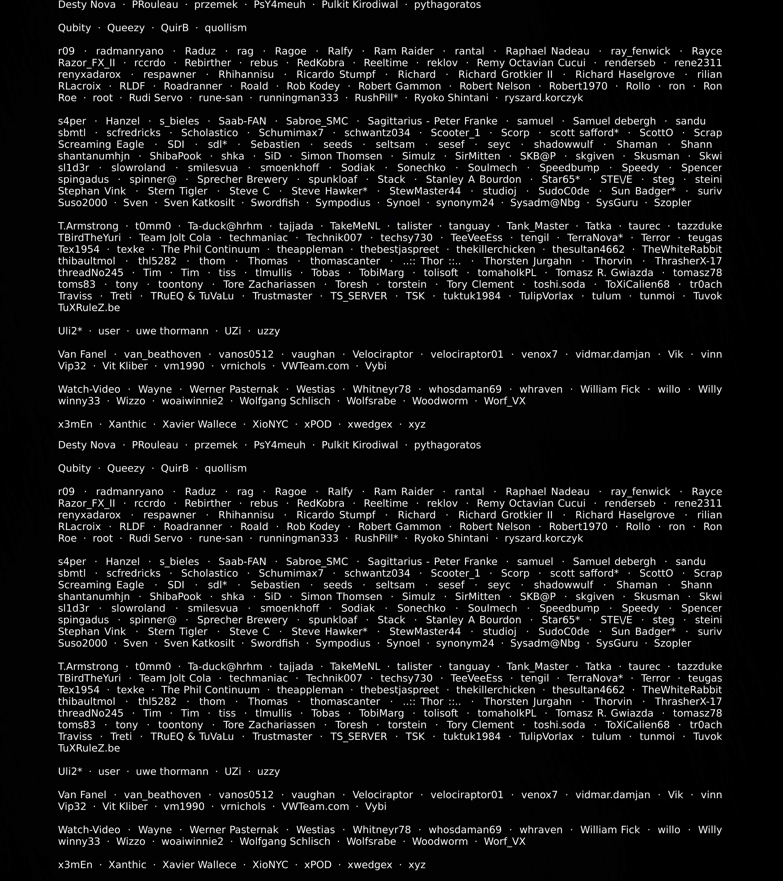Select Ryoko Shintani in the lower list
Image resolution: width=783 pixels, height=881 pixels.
(x=451, y=538)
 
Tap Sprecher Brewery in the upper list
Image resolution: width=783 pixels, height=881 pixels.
(x=242, y=179)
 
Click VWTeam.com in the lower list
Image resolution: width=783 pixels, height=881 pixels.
(x=315, y=806)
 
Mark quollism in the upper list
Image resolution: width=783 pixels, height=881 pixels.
(x=225, y=28)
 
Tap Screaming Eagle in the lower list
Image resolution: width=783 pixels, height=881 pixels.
(x=101, y=585)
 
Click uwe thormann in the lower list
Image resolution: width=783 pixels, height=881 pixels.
(x=172, y=772)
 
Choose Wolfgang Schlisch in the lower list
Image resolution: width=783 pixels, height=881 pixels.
(x=285, y=841)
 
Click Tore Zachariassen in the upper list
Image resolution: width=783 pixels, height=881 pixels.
(x=269, y=284)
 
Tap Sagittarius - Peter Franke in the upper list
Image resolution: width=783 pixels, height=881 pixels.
(x=432, y=121)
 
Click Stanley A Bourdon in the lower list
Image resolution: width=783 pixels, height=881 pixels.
(x=473, y=620)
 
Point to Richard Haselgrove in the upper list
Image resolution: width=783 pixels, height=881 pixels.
(x=625, y=75)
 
